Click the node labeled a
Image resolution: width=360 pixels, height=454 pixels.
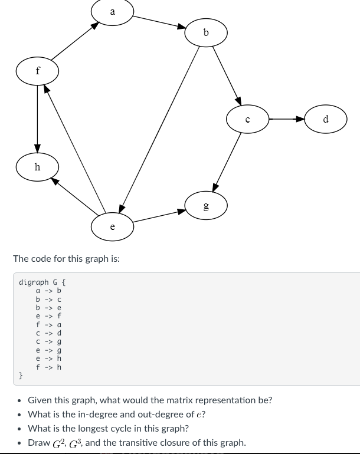tap(113, 12)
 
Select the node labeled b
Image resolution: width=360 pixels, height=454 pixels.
tap(205, 33)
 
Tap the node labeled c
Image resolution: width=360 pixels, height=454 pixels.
tap(248, 119)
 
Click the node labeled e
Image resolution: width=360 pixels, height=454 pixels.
tap(112, 226)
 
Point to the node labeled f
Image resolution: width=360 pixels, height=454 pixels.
tap(38, 71)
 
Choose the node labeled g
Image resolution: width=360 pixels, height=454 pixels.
tap(205, 205)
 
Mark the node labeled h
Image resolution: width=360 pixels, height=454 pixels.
tap(38, 167)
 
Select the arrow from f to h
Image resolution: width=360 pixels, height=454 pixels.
tap(38, 118)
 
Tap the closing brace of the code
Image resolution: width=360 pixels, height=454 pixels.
tap(21, 375)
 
